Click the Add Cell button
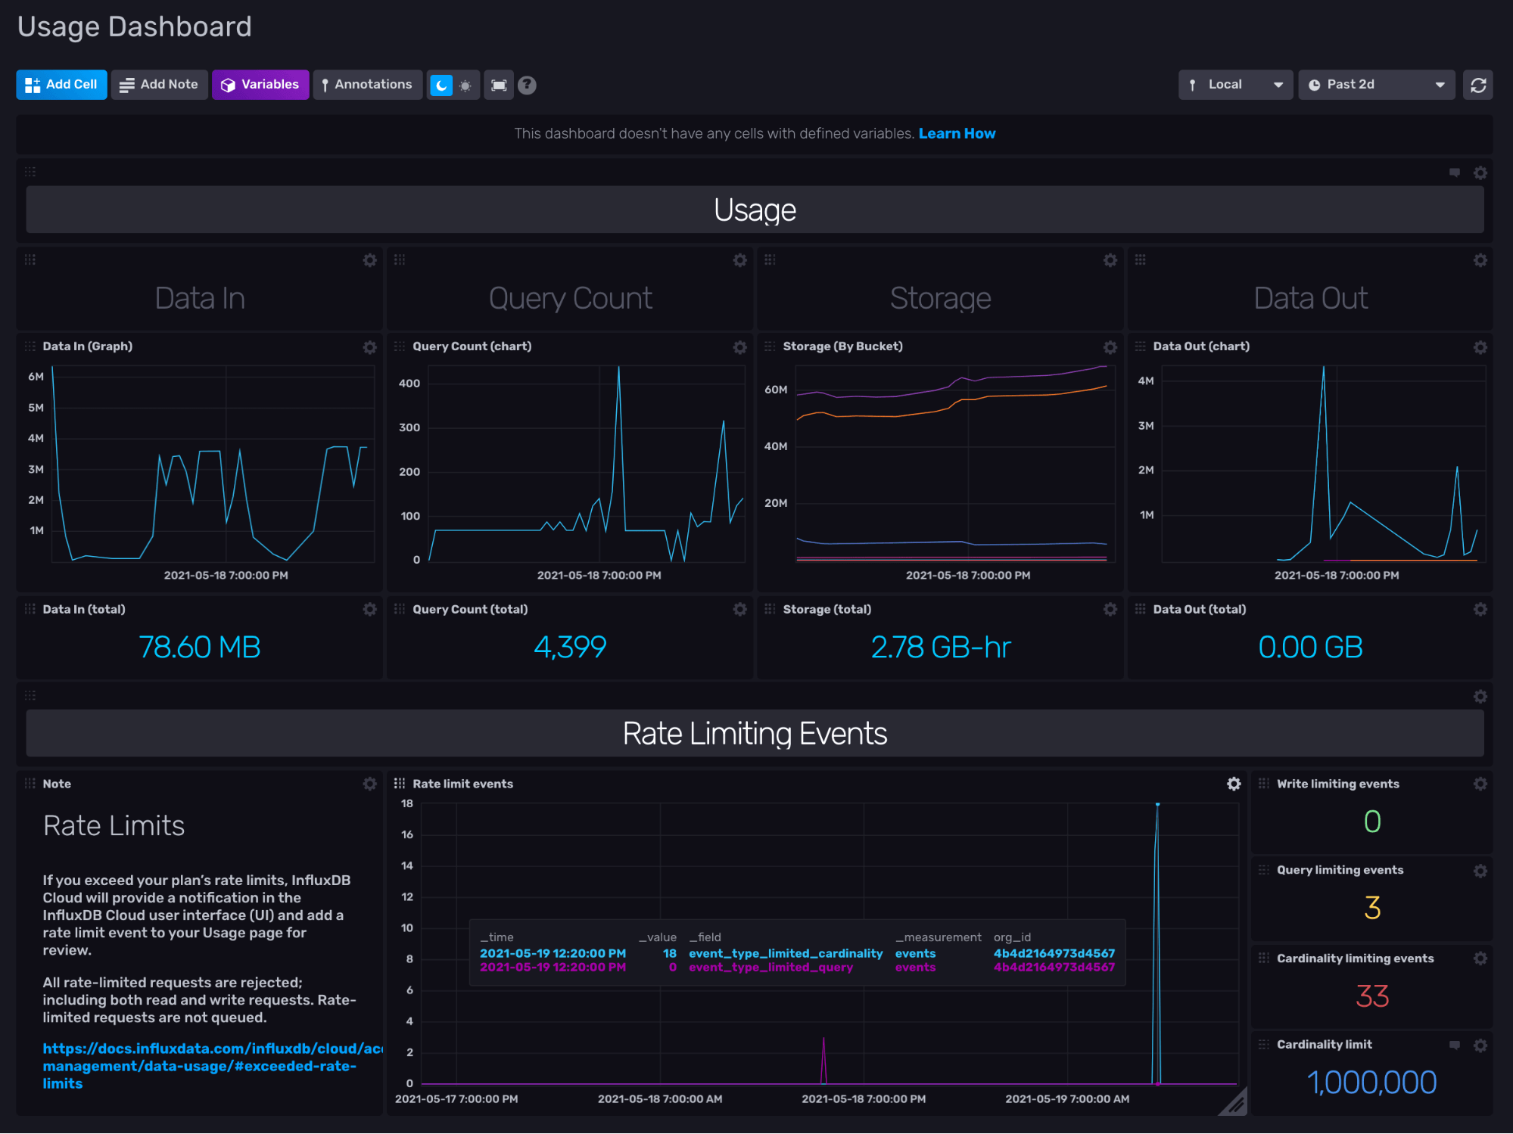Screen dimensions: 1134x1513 61,85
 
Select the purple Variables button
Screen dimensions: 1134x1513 260,85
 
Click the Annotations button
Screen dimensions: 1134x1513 367,85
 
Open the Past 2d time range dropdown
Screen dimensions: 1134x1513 1376,85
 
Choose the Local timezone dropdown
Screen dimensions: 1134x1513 1234,85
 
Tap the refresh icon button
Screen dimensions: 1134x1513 1477,85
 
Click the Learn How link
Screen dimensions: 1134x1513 957,134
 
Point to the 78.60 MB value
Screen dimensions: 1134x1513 200,648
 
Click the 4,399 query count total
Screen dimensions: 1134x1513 570,648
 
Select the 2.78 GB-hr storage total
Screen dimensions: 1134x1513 940,648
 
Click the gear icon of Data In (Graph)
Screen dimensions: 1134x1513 369,347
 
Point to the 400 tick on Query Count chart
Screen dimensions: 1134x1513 409,384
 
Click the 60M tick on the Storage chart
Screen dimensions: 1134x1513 776,390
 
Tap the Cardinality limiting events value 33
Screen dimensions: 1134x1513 1371,996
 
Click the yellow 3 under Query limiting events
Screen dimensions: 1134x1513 1371,908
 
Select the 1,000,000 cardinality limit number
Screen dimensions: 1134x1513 1371,1083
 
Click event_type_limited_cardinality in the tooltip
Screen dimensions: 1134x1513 786,954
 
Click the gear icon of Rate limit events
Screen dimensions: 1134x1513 1234,784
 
